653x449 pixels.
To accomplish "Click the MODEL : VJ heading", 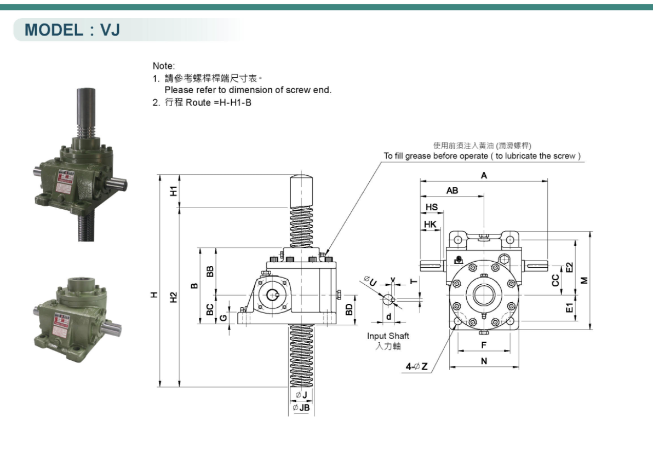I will (72, 30).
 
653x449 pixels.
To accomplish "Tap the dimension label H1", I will (173, 191).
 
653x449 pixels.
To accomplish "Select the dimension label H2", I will (173, 298).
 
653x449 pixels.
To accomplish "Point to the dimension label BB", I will (210, 272).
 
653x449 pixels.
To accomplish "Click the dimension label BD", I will (349, 309).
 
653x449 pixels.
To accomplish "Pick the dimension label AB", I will (452, 191).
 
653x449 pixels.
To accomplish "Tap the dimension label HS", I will (432, 208).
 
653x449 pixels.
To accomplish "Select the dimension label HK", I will (430, 225).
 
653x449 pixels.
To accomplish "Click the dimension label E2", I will (570, 268).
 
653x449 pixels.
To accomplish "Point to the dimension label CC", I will (555, 280).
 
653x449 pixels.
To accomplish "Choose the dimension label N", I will (484, 361).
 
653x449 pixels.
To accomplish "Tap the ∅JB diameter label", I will (301, 408).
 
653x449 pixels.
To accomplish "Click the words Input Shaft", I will (388, 336).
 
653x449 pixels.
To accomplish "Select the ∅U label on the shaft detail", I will (371, 281).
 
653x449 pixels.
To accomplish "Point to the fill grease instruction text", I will (482, 156).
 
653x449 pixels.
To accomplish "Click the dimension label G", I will (224, 317).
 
